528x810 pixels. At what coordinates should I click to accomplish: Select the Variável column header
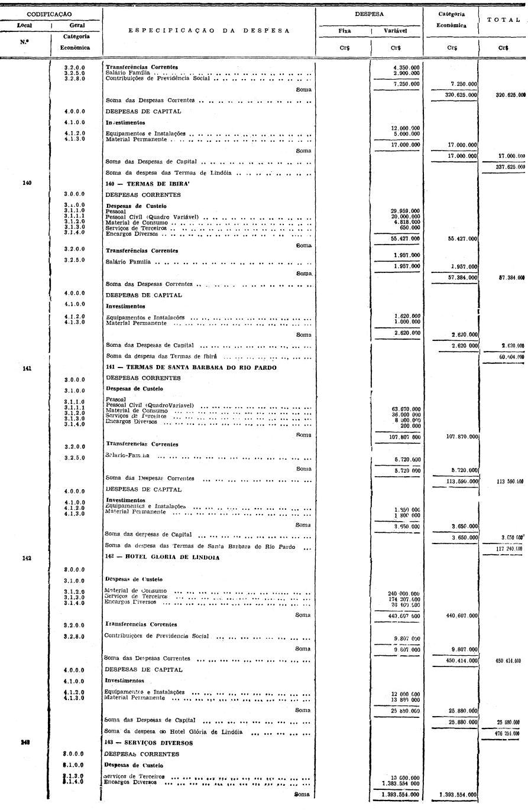click(396, 31)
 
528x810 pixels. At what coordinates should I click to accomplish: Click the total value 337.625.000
click(507, 167)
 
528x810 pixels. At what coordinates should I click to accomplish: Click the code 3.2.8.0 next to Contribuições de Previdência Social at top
click(74, 78)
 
